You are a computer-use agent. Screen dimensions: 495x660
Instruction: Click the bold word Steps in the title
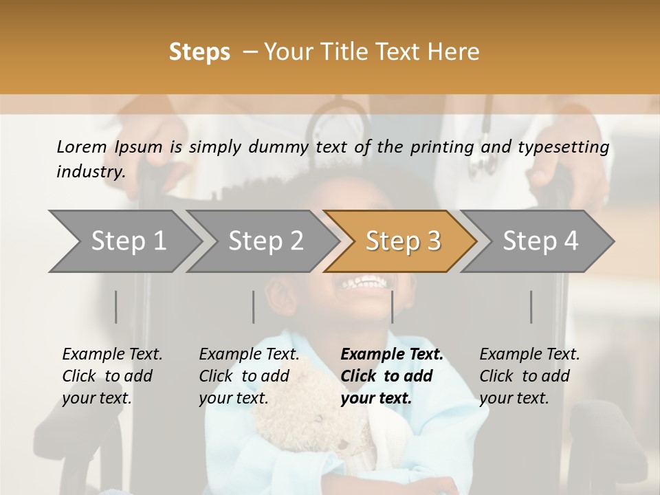[x=199, y=52]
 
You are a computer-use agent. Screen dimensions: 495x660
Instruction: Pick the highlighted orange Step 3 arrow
[x=403, y=241]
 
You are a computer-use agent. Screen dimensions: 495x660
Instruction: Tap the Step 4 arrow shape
[x=540, y=241]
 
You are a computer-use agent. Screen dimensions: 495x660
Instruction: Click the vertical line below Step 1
[x=115, y=307]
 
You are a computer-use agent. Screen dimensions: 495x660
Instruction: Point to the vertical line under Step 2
[x=254, y=307]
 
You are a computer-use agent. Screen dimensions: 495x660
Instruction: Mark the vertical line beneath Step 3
[x=392, y=307]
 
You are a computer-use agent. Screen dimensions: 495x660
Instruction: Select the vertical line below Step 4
[x=531, y=307]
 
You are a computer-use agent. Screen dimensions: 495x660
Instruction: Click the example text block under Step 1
[x=112, y=376]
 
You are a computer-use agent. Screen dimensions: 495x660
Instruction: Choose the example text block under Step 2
[x=249, y=376]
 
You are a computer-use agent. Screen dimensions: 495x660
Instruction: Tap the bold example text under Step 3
[x=392, y=376]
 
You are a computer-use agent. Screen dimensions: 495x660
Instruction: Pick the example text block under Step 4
[x=529, y=376]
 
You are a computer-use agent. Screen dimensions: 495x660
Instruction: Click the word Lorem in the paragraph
[x=82, y=146]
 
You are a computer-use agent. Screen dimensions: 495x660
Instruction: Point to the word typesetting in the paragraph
[x=566, y=147]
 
